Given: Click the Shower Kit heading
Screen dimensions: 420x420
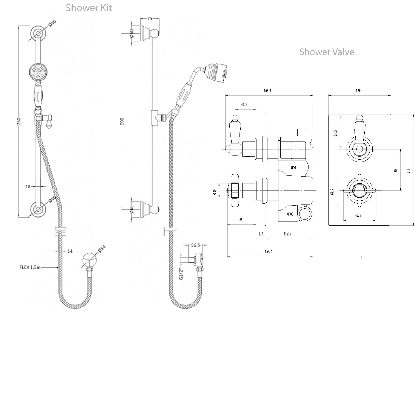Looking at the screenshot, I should coord(89,8).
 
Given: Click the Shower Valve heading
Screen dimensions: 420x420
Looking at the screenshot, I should coord(326,52).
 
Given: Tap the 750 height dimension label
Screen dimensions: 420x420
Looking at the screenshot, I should coord(19,121).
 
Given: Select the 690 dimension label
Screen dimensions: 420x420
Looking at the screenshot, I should coord(122,121).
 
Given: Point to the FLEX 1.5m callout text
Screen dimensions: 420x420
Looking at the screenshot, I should coord(30,267).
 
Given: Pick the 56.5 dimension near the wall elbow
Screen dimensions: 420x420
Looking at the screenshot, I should coord(195,245).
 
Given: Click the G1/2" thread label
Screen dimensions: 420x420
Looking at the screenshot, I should coord(181,274).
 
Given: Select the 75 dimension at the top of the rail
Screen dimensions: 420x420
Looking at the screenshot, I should coord(150,18).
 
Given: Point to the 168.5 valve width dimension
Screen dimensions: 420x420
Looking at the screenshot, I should coord(267,91).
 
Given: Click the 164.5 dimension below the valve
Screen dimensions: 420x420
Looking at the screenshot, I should coord(268,251).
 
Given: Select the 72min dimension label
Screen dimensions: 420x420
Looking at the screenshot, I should coord(287,234).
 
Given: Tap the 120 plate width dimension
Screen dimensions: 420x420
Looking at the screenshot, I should coord(358,91).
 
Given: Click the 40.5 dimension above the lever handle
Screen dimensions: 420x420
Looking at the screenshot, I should coord(244,105).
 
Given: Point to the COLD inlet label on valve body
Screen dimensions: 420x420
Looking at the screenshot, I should coord(290,214).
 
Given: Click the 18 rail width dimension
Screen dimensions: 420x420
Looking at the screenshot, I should coord(28,186).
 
